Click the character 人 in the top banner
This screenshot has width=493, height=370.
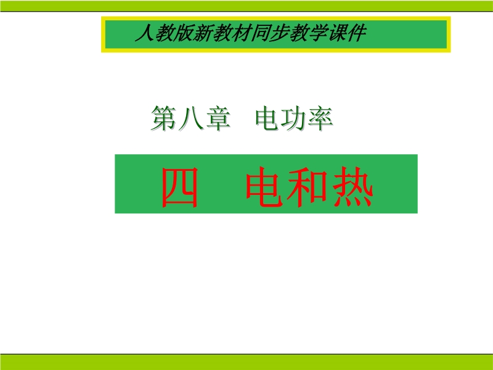pos(145,33)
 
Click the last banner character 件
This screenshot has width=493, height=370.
pos(356,33)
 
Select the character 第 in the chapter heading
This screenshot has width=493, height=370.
pos(163,118)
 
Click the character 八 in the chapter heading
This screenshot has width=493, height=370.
pos(190,118)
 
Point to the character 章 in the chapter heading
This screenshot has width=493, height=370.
pos(218,118)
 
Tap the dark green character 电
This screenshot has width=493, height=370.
pos(268,118)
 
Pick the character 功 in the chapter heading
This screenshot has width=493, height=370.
pos(294,118)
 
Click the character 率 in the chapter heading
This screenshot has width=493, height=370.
pos(320,118)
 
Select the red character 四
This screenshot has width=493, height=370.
pos(180,187)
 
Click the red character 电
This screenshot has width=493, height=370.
pos(265,187)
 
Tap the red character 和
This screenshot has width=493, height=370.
pos(308,187)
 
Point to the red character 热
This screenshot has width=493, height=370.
pos(352,187)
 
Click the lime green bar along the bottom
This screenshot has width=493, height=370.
pos(246,362)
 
